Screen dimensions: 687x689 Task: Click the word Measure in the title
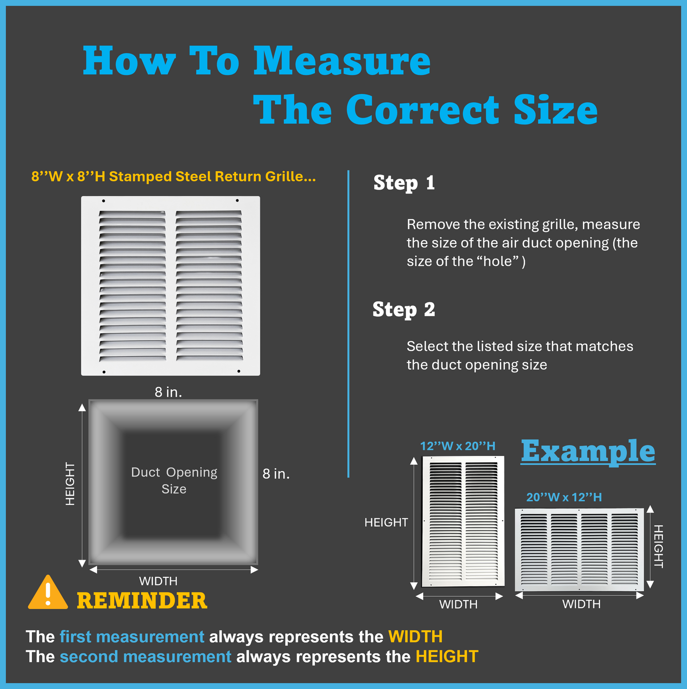342,61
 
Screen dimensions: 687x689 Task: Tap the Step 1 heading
404,183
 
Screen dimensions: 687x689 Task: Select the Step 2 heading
404,309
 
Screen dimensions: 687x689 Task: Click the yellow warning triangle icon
48,592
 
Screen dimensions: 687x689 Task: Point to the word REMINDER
142,601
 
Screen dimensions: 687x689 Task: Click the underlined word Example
588,451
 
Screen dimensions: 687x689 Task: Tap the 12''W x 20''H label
457,446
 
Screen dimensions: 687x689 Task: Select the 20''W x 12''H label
564,497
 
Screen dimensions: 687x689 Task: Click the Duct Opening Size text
174,480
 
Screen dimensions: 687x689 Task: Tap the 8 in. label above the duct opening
168,392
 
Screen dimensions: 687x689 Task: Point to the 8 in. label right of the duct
276,474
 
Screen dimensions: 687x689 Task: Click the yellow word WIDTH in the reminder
415,637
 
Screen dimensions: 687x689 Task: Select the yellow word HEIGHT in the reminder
447,657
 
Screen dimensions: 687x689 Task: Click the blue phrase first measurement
132,637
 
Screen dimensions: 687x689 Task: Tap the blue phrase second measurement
145,657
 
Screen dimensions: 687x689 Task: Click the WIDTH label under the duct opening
158,581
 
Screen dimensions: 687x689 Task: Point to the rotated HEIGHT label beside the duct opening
70,484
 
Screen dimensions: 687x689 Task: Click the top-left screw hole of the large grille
104,201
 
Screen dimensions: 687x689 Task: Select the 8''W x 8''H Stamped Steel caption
174,176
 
